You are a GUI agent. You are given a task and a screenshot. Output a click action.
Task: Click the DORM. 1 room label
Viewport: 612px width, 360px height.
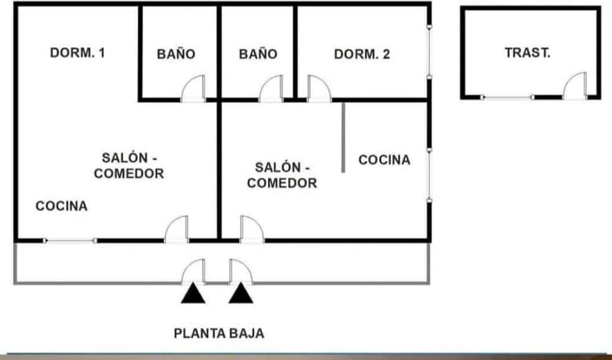(78, 53)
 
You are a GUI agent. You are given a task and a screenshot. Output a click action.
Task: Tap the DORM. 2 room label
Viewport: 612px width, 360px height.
(362, 55)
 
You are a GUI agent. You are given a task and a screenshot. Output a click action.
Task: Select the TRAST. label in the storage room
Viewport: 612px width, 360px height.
(527, 53)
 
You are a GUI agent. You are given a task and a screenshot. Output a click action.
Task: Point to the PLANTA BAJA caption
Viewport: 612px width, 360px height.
(219, 333)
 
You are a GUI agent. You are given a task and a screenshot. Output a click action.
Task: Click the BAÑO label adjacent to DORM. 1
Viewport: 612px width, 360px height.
(176, 55)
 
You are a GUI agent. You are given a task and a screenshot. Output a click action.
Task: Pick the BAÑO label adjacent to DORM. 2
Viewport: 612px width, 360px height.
(258, 55)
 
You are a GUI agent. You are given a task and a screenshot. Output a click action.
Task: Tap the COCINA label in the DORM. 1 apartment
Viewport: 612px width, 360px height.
(61, 206)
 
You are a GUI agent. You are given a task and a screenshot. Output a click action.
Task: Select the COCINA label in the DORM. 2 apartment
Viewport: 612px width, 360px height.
(384, 160)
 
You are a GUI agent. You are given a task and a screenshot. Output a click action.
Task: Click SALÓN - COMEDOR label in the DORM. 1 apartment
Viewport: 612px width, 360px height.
(129, 165)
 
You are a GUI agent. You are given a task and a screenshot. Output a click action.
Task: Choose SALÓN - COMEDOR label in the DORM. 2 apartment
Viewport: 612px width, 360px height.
(282, 175)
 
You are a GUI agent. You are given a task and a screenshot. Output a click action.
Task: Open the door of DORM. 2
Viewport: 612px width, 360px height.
(318, 90)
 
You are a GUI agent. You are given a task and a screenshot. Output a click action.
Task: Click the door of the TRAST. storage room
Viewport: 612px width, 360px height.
(575, 86)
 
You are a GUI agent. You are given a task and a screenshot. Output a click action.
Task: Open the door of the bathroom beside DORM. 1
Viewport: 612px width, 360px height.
(192, 90)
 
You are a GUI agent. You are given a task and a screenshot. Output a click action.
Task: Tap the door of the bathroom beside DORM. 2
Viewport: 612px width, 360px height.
(270, 90)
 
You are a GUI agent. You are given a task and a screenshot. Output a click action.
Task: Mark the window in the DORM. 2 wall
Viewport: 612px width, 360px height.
(430, 51)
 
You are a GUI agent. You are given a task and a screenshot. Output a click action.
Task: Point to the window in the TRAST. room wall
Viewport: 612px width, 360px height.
(507, 98)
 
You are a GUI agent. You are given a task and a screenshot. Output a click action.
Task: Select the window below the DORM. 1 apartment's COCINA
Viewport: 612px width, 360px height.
(70, 241)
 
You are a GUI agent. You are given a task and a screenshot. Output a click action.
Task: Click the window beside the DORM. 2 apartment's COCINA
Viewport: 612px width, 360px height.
(430, 175)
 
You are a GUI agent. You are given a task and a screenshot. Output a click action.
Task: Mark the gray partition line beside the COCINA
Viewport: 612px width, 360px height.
(343, 137)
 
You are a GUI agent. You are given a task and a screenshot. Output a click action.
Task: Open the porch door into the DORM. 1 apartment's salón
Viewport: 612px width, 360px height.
(177, 230)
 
